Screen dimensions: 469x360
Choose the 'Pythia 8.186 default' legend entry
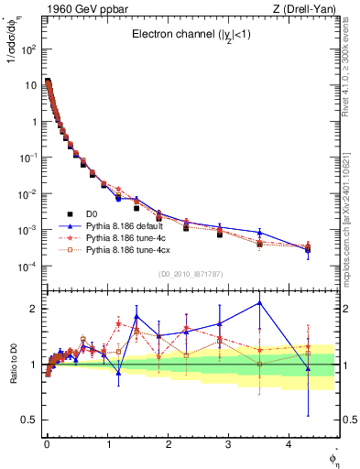tap(125, 225)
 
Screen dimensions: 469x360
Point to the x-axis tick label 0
tap(47, 445)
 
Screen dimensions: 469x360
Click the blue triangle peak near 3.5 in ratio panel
tap(260, 302)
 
